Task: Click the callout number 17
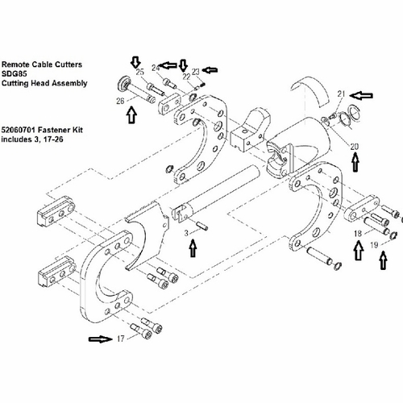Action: click(x=121, y=339)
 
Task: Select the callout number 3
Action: click(x=186, y=233)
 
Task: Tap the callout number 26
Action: click(x=120, y=102)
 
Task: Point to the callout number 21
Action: click(x=341, y=93)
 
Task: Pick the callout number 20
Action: click(x=355, y=147)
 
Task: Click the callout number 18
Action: click(x=358, y=234)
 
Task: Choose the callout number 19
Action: click(x=374, y=245)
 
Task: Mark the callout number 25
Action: click(x=139, y=72)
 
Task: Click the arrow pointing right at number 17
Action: click(x=101, y=339)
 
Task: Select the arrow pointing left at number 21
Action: click(x=361, y=95)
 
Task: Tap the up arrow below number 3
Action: click(x=193, y=248)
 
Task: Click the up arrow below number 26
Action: click(x=131, y=115)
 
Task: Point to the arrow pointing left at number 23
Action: click(x=210, y=70)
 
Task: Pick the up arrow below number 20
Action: click(x=355, y=162)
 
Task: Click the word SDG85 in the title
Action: click(x=15, y=73)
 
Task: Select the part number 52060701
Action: click(x=19, y=130)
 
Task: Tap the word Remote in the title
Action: click(x=15, y=64)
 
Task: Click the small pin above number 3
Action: click(x=202, y=225)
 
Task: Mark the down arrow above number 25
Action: click(x=135, y=62)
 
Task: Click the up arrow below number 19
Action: click(x=384, y=260)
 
